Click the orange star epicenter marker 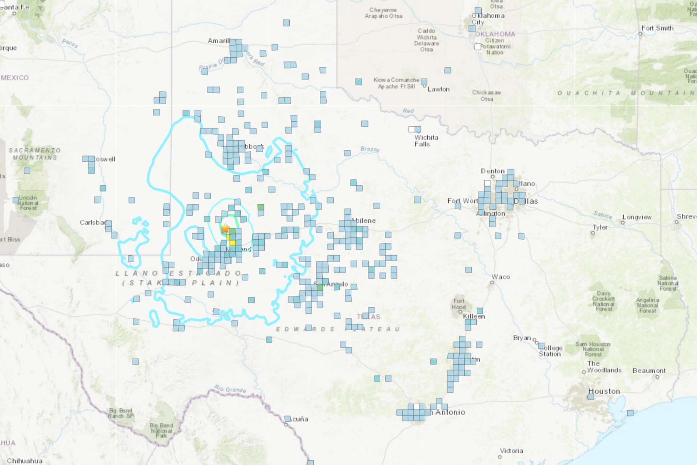coord(225,229)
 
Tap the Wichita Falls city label coord(426,141)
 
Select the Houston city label coord(604,391)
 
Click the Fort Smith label coord(657,28)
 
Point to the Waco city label coord(501,277)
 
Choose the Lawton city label coord(439,89)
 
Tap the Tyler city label coord(600,227)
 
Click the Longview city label coord(637,217)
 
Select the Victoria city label coord(511,451)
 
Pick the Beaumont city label coord(649,371)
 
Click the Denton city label coord(493,171)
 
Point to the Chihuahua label coord(25,461)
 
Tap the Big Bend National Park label coord(162,430)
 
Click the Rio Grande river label coord(230,389)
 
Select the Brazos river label coord(370,149)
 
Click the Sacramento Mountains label coord(35,154)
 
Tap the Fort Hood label coord(458,304)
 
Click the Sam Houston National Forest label coord(593,349)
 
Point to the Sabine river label coord(603,215)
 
